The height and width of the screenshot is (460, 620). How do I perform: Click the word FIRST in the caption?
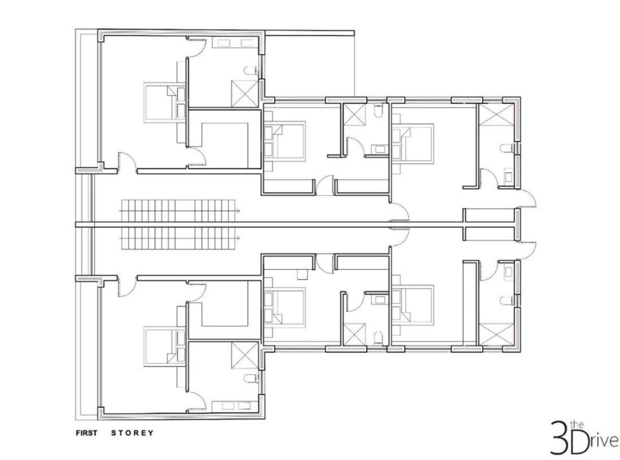[87, 433]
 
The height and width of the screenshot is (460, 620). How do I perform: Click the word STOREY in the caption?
[133, 433]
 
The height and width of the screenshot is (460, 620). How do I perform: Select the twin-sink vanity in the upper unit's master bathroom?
[235, 43]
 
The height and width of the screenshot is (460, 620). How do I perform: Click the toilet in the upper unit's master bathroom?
[250, 70]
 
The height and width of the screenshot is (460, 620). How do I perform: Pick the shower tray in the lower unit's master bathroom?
[245, 355]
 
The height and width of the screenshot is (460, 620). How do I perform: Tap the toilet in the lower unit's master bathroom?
[250, 378]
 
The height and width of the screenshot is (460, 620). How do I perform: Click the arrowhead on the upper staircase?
[238, 210]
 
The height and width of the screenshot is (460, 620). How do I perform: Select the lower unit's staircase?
[179, 238]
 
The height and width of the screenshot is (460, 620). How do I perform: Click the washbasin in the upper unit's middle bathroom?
[380, 149]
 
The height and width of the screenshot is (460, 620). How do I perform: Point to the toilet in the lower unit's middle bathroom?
[378, 337]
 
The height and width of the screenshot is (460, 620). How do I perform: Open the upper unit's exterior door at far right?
[527, 198]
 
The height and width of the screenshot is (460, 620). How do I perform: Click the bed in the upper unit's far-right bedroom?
[413, 144]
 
